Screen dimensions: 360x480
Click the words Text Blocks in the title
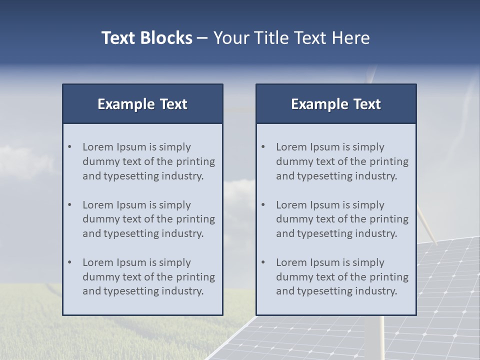pos(146,38)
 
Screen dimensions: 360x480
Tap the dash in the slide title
pos(202,38)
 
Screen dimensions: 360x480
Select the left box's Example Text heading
pos(142,104)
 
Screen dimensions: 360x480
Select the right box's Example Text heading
pos(336,104)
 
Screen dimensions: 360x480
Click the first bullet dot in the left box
pos(69,147)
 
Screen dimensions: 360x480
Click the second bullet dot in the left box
pos(69,205)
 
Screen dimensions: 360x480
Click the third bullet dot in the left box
pos(69,262)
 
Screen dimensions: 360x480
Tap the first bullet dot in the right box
pos(263,147)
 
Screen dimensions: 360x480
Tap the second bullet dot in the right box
pos(263,205)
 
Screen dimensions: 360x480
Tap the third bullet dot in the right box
pos(263,262)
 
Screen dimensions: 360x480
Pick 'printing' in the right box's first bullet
pos(390,161)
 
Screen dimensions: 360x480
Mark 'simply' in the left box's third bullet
pos(175,262)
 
